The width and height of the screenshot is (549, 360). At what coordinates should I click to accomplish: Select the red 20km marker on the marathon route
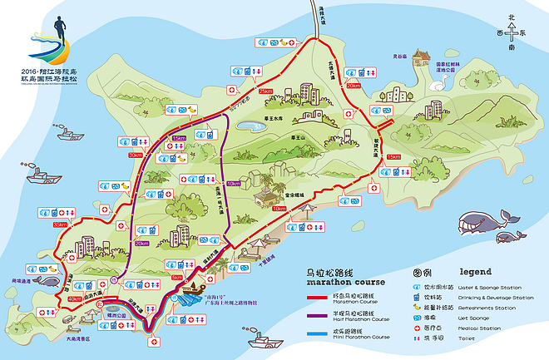tap(354, 86)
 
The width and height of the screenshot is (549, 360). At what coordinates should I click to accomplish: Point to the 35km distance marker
tap(60, 224)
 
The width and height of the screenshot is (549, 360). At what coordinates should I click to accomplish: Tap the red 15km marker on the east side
tap(393, 156)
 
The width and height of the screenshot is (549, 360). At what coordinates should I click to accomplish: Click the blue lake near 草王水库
tap(247, 126)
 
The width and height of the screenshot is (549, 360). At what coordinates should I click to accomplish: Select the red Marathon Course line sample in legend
tap(321, 295)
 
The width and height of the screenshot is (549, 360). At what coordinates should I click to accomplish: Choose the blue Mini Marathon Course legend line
tap(321, 337)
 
